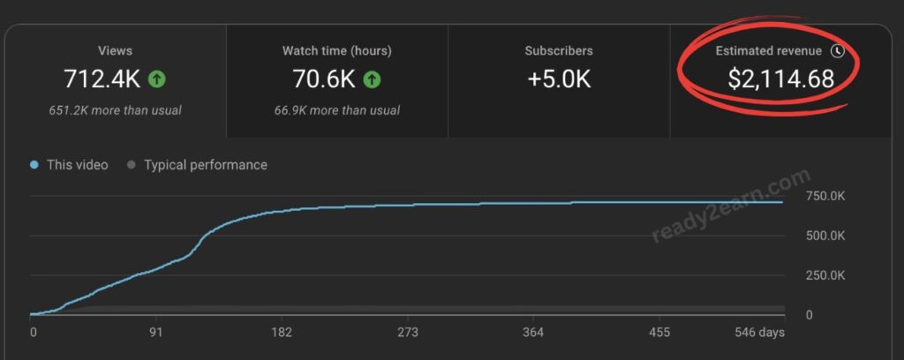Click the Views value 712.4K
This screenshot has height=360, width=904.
pos(102,79)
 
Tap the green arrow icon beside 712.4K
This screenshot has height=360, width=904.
pos(156,79)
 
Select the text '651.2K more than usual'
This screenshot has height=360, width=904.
pos(116,110)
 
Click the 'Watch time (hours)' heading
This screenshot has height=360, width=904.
pos(337,50)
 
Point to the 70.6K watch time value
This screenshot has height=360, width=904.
pos(324,79)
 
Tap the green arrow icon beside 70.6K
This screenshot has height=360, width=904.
pos(372,79)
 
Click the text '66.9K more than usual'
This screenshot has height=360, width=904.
pos(337,110)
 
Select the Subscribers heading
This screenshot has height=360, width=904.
pos(559,50)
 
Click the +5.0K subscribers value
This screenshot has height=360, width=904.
pos(559,79)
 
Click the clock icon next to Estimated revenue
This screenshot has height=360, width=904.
pos(838,50)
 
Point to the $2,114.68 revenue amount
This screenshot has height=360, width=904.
pos(780,79)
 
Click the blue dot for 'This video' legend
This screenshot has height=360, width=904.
pos(34,165)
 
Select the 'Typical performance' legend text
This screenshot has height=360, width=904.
pos(205,165)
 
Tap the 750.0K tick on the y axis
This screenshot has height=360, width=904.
pos(825,196)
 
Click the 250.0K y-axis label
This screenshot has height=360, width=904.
pos(825,275)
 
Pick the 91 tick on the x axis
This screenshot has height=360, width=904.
pos(156,333)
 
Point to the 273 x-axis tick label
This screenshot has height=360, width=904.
pos(407,333)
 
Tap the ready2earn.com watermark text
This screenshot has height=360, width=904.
pos(731,206)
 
